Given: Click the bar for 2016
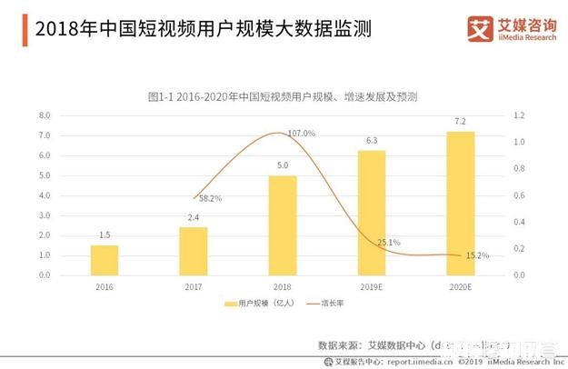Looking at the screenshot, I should pos(105,260).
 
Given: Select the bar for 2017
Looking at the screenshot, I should pos(193,251).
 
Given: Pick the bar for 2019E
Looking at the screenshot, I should pos(372,213).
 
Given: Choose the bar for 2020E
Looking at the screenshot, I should pos(461,204).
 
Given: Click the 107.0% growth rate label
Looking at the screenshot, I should pos(301,134).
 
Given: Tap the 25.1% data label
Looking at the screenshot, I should pos(388,242).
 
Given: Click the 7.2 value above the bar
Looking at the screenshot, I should pos(461,121).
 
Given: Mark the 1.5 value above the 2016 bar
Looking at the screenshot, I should pos(105,234).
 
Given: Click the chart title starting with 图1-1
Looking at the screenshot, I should pos(288,95).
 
